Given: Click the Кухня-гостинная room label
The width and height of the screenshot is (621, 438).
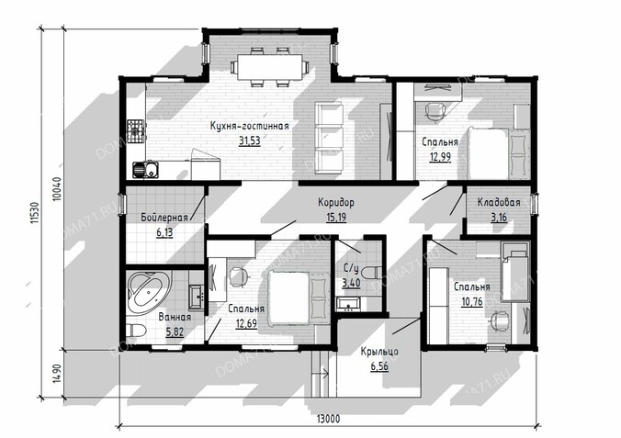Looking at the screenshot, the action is pos(250,127).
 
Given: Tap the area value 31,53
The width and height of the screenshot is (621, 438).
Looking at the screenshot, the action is pos(250,140).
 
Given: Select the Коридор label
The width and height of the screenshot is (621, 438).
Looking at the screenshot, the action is pos(336,203).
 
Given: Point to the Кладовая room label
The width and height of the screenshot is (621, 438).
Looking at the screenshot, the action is pos(499,202).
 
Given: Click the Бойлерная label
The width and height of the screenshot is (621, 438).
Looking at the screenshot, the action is pos(164,218).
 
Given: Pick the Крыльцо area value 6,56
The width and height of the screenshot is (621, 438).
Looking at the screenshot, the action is pos(379,366).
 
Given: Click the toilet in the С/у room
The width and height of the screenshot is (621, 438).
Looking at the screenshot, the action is pos(372,273).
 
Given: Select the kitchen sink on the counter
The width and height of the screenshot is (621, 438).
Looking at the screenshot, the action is pos(145,170).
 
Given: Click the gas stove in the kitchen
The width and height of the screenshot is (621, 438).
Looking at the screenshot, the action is pos(137,131).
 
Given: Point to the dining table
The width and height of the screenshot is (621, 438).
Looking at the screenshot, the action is pos(269,66).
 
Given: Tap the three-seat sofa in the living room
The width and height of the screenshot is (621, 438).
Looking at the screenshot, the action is pos(329,138).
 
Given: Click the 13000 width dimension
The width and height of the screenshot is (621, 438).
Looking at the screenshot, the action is pos(328,419).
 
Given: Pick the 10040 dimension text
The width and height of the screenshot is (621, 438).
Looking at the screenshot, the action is pos(57,190).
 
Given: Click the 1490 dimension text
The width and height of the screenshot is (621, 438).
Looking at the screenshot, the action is pos(57,373).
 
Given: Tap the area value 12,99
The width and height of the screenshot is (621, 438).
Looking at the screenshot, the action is pos(440,157).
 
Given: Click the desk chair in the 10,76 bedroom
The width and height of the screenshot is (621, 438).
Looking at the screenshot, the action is pos(499,320).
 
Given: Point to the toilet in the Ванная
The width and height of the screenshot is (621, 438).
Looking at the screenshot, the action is pos(136,330).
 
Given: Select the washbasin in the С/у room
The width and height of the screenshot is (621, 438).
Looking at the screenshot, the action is pos(348,304).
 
